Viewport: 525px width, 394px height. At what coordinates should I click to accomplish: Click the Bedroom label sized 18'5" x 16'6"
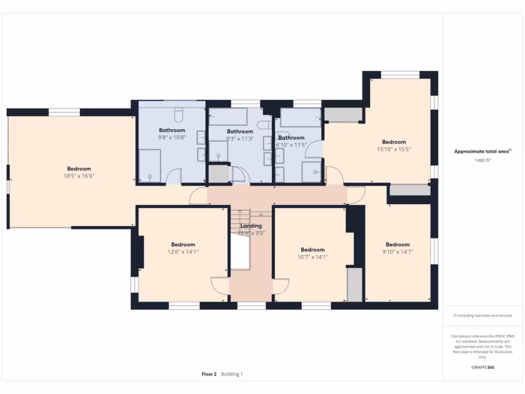(79, 169)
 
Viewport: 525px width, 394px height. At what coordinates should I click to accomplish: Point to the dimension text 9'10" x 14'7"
(397, 252)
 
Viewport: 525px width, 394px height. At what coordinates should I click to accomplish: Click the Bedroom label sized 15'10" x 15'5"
(394, 142)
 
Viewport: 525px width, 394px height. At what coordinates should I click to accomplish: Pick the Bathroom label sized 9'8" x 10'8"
(172, 130)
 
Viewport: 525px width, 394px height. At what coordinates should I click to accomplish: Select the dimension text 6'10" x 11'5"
(291, 145)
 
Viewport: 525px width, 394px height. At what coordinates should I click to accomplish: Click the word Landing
(251, 226)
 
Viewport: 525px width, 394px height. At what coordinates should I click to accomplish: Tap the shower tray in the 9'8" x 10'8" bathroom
(150, 166)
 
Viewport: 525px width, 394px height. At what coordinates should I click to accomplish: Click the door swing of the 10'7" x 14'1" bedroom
(281, 286)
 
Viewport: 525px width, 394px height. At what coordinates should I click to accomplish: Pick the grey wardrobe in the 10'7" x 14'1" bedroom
(354, 284)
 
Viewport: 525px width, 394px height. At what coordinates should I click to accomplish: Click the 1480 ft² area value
(482, 161)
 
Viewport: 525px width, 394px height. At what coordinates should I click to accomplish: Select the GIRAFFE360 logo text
(482, 367)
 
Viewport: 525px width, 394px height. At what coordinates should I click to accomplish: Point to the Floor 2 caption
(209, 374)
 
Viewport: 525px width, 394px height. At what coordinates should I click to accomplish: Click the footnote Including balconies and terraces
(482, 316)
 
